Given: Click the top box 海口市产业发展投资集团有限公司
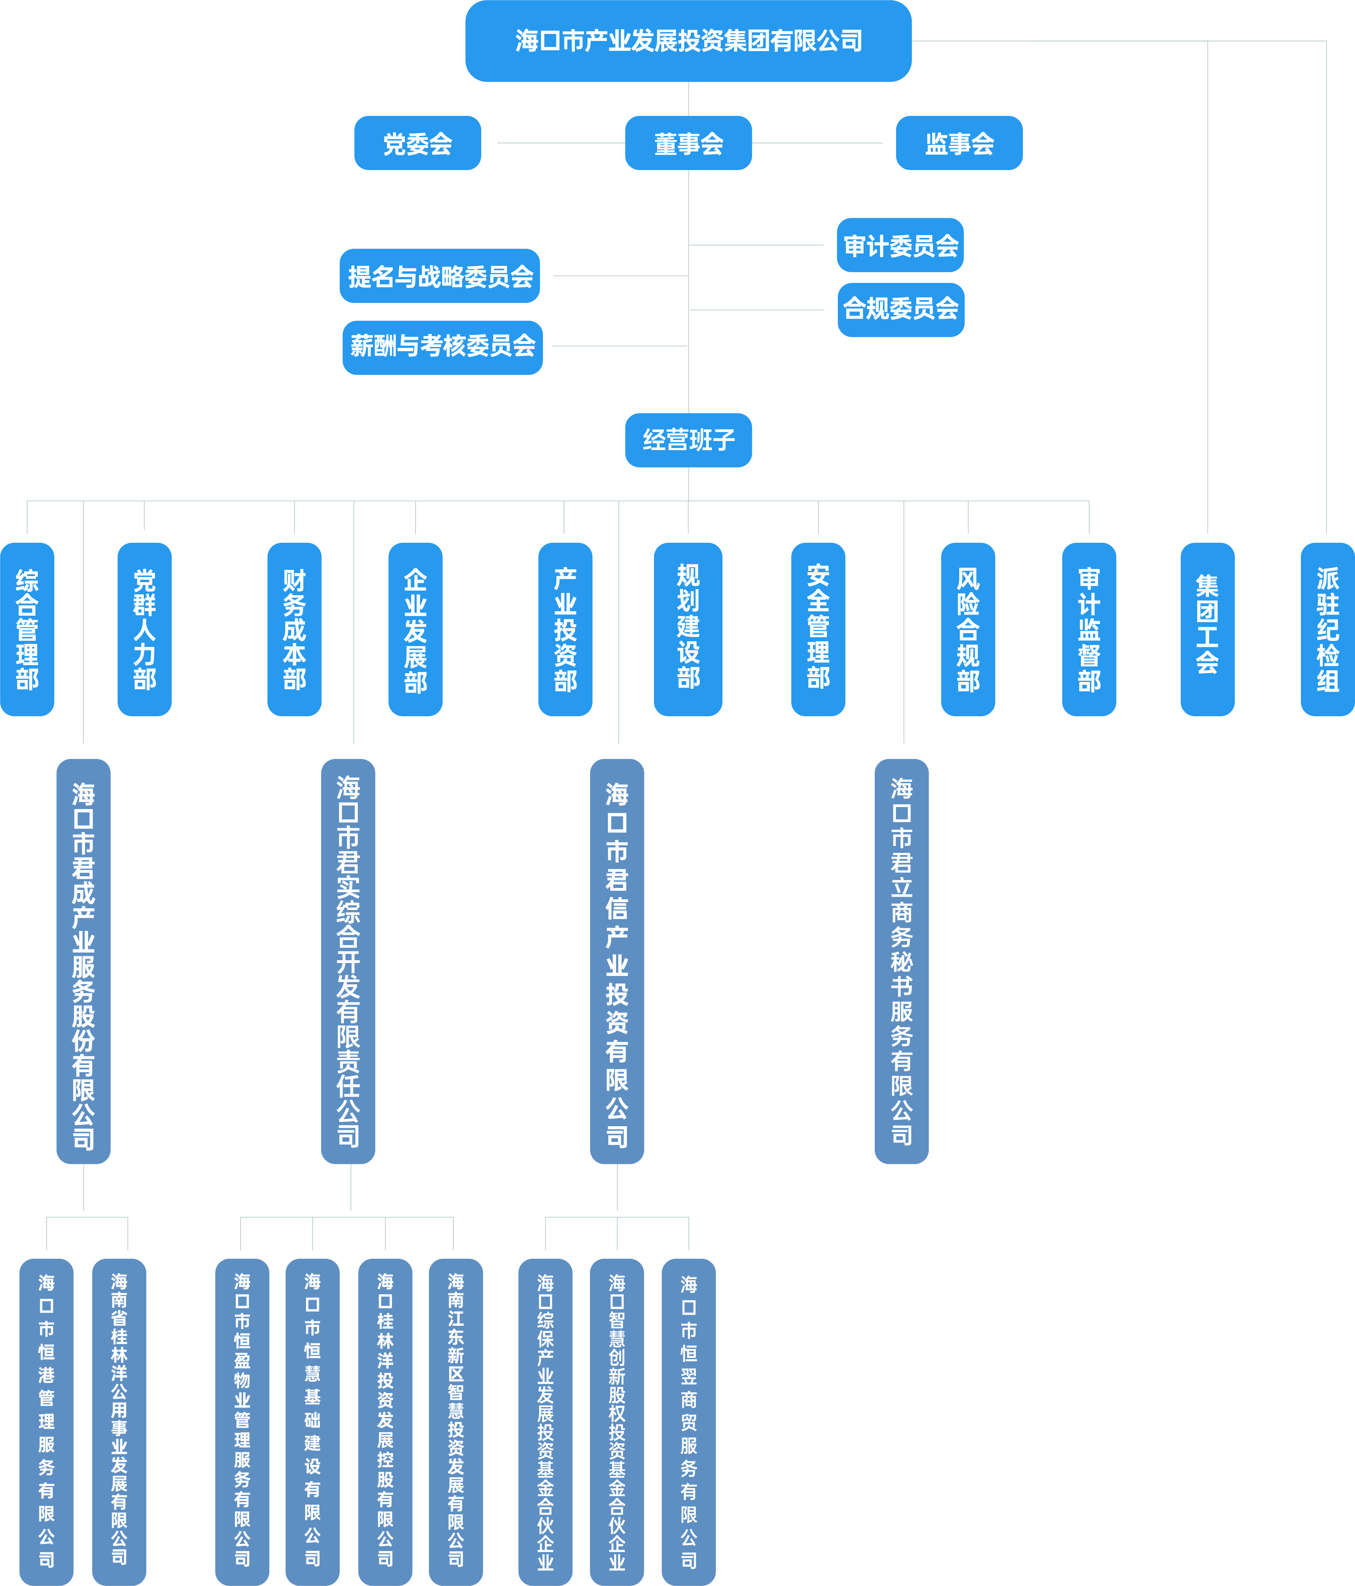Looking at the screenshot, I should tap(688, 41).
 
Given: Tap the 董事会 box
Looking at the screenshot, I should tap(688, 143).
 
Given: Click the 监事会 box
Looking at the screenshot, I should tap(959, 143).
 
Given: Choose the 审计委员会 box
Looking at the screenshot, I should tap(900, 245).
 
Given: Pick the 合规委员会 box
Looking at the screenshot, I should tap(900, 309).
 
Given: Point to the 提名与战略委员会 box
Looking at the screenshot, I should tap(440, 276).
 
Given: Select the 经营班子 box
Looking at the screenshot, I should tap(688, 440).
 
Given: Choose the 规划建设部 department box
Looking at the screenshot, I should tap(688, 629).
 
